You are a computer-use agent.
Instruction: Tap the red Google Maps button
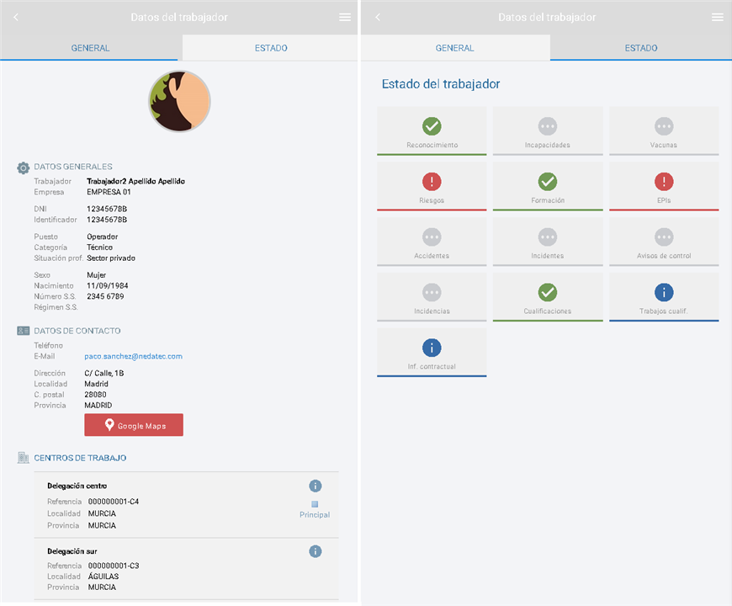(x=134, y=425)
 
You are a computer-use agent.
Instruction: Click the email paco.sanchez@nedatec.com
(x=133, y=356)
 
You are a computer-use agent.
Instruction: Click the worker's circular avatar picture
(x=179, y=102)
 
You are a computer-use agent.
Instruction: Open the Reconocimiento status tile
(x=432, y=131)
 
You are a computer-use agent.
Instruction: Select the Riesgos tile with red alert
(x=432, y=187)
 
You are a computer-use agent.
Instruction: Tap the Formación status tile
(x=548, y=187)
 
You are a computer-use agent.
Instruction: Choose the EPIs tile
(x=664, y=187)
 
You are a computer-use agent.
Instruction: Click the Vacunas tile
(x=664, y=131)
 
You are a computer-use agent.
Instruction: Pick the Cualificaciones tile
(x=548, y=297)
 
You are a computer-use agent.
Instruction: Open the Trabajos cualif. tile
(x=664, y=297)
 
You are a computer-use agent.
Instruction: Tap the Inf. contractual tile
(x=432, y=353)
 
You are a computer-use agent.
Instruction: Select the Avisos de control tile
(x=664, y=242)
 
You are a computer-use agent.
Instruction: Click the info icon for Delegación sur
(x=316, y=551)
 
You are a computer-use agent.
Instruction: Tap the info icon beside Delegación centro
(x=316, y=486)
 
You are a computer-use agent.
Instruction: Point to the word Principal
(x=315, y=514)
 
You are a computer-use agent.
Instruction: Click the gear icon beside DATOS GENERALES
(x=24, y=167)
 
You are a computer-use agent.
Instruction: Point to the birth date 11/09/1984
(x=107, y=286)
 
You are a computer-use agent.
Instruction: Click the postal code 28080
(x=96, y=394)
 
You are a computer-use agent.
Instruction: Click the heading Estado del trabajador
(x=441, y=84)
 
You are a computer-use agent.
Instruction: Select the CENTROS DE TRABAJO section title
(x=80, y=458)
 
